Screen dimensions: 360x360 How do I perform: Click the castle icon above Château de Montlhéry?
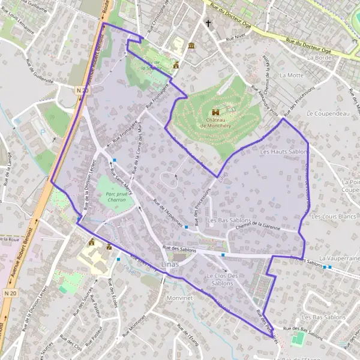[x=215, y=112]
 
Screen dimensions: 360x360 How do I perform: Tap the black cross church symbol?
[x=209, y=25]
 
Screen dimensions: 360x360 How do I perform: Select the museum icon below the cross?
[x=191, y=46]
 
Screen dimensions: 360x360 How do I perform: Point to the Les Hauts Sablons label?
[x=283, y=152]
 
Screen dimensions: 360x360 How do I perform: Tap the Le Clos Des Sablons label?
[x=222, y=279]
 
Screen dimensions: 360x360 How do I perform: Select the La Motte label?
[x=292, y=76]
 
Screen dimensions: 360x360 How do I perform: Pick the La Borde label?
[x=319, y=58]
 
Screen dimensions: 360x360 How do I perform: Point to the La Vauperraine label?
[x=340, y=258]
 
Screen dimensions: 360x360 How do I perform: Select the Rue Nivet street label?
[x=236, y=37]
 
